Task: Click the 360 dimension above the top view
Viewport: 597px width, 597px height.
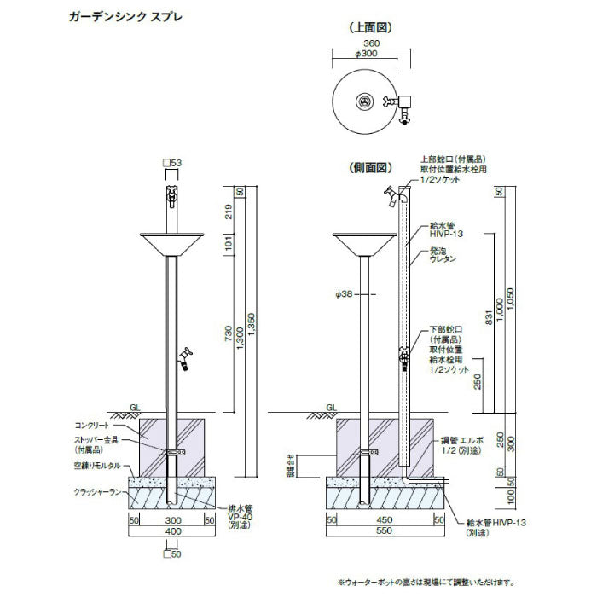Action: [369, 41]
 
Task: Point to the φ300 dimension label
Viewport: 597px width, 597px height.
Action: [369, 53]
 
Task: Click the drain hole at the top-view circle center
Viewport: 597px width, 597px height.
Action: [365, 101]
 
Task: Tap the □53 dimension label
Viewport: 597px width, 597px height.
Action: [171, 162]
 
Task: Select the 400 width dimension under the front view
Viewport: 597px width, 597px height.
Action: [173, 531]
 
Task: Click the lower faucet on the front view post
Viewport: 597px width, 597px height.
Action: [183, 357]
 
